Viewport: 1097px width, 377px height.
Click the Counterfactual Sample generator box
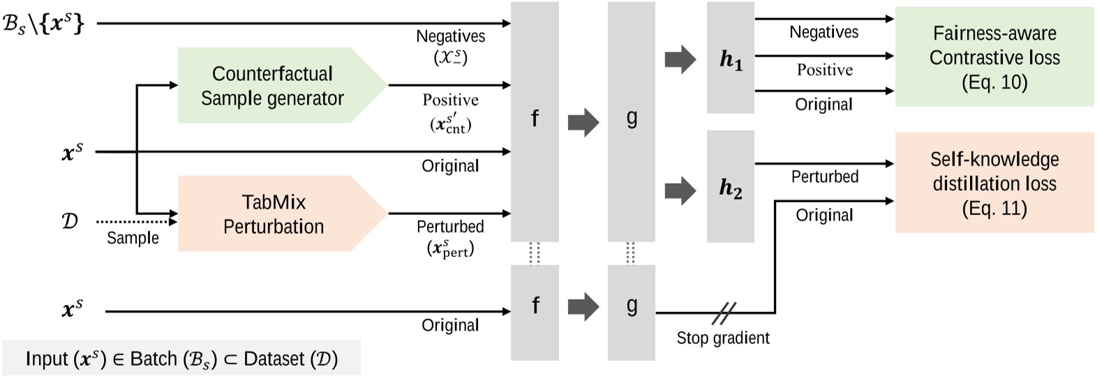click(272, 85)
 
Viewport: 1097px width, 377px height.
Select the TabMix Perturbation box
click(274, 214)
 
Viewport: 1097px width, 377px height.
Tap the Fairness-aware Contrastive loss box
click(994, 57)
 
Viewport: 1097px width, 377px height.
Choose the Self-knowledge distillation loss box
click(994, 183)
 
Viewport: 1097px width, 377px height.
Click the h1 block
click(730, 58)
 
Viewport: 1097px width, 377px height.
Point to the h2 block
click(730, 187)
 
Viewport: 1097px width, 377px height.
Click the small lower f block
click(535, 312)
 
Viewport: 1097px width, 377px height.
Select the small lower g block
click(631, 312)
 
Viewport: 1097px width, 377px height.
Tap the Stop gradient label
click(723, 338)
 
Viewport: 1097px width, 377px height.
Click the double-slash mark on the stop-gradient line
click(724, 313)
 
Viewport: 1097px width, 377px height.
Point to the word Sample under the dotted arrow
click(133, 238)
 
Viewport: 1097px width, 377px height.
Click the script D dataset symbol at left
click(70, 221)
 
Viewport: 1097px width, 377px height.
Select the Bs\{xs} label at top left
click(43, 24)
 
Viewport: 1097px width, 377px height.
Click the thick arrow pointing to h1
click(680, 60)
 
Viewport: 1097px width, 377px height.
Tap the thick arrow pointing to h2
click(680, 189)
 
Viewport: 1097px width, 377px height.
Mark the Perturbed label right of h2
click(824, 177)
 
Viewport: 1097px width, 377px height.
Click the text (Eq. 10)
click(994, 82)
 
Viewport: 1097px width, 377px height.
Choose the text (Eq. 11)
click(994, 208)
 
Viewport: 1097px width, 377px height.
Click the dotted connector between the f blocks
click(535, 253)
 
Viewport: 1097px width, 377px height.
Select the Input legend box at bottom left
click(181, 358)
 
